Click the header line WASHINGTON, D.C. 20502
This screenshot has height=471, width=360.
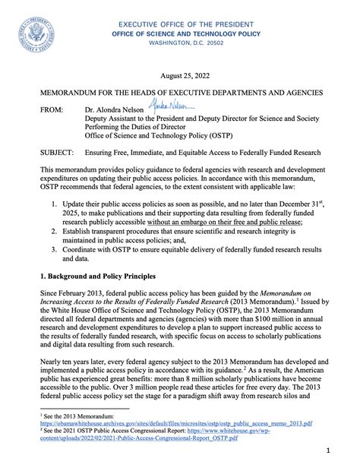tap(180, 45)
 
